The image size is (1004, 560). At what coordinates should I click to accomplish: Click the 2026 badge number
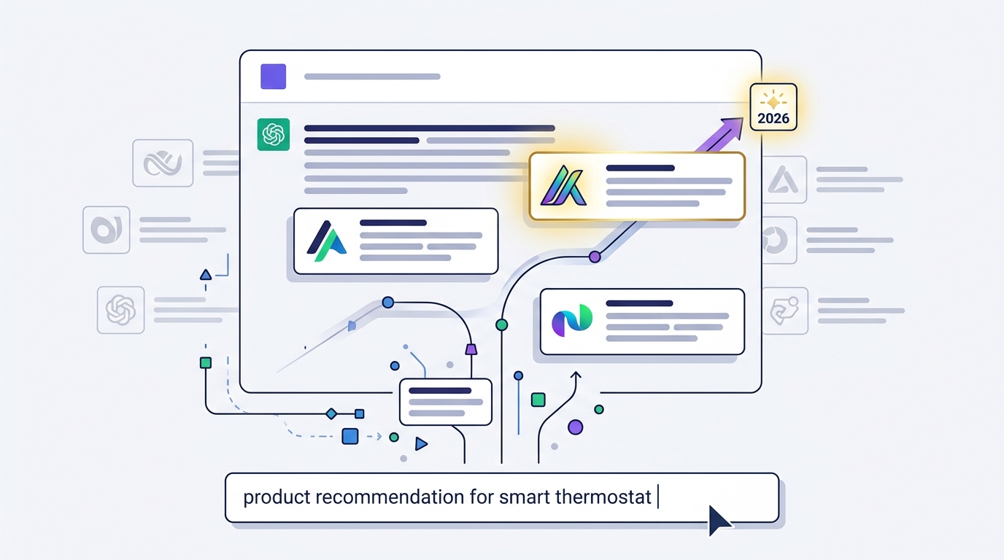pyautogui.click(x=773, y=118)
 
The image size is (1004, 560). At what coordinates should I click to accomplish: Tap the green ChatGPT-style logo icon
pyautogui.click(x=274, y=134)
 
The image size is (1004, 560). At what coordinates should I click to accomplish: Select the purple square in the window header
pyautogui.click(x=274, y=77)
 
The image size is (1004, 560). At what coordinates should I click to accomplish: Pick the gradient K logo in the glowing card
pyautogui.click(x=563, y=186)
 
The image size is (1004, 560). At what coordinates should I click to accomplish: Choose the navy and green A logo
pyautogui.click(x=326, y=241)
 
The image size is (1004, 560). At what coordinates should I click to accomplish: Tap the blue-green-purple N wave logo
pyautogui.click(x=572, y=320)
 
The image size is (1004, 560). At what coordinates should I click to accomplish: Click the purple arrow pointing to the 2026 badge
pyautogui.click(x=720, y=134)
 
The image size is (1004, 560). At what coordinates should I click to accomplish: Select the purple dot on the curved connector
pyautogui.click(x=595, y=257)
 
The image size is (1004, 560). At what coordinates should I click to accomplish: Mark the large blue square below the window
pyautogui.click(x=350, y=436)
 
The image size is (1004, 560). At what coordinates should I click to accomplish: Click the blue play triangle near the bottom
pyautogui.click(x=420, y=444)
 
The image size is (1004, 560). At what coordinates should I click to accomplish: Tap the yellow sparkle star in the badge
pyautogui.click(x=773, y=101)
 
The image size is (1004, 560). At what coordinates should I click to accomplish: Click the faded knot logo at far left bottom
pyautogui.click(x=120, y=310)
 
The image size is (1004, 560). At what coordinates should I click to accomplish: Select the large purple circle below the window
pyautogui.click(x=576, y=427)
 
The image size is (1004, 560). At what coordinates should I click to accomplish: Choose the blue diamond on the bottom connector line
pyautogui.click(x=331, y=413)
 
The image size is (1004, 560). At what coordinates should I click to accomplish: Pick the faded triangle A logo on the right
pyautogui.click(x=784, y=180)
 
